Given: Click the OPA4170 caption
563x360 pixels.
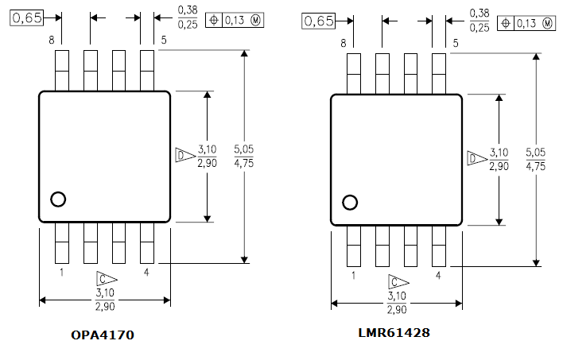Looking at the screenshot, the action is coord(103,335).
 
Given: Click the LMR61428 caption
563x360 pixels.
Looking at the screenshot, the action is coord(394,333).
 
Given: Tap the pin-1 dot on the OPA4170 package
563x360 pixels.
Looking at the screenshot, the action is coord(58,199).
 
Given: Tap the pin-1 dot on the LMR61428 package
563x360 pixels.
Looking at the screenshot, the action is coord(350,203).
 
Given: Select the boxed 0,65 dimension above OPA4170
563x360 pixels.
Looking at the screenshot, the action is coord(26,17).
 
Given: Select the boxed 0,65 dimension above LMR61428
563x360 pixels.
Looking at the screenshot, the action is coord(319,21).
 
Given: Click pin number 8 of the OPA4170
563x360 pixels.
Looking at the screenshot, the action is coord(52,41).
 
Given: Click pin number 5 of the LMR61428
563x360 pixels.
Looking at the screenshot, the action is coord(456,44).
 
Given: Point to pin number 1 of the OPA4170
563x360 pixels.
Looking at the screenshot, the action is coord(62,273).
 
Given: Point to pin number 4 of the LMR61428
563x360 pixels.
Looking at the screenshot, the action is coord(438,276).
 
